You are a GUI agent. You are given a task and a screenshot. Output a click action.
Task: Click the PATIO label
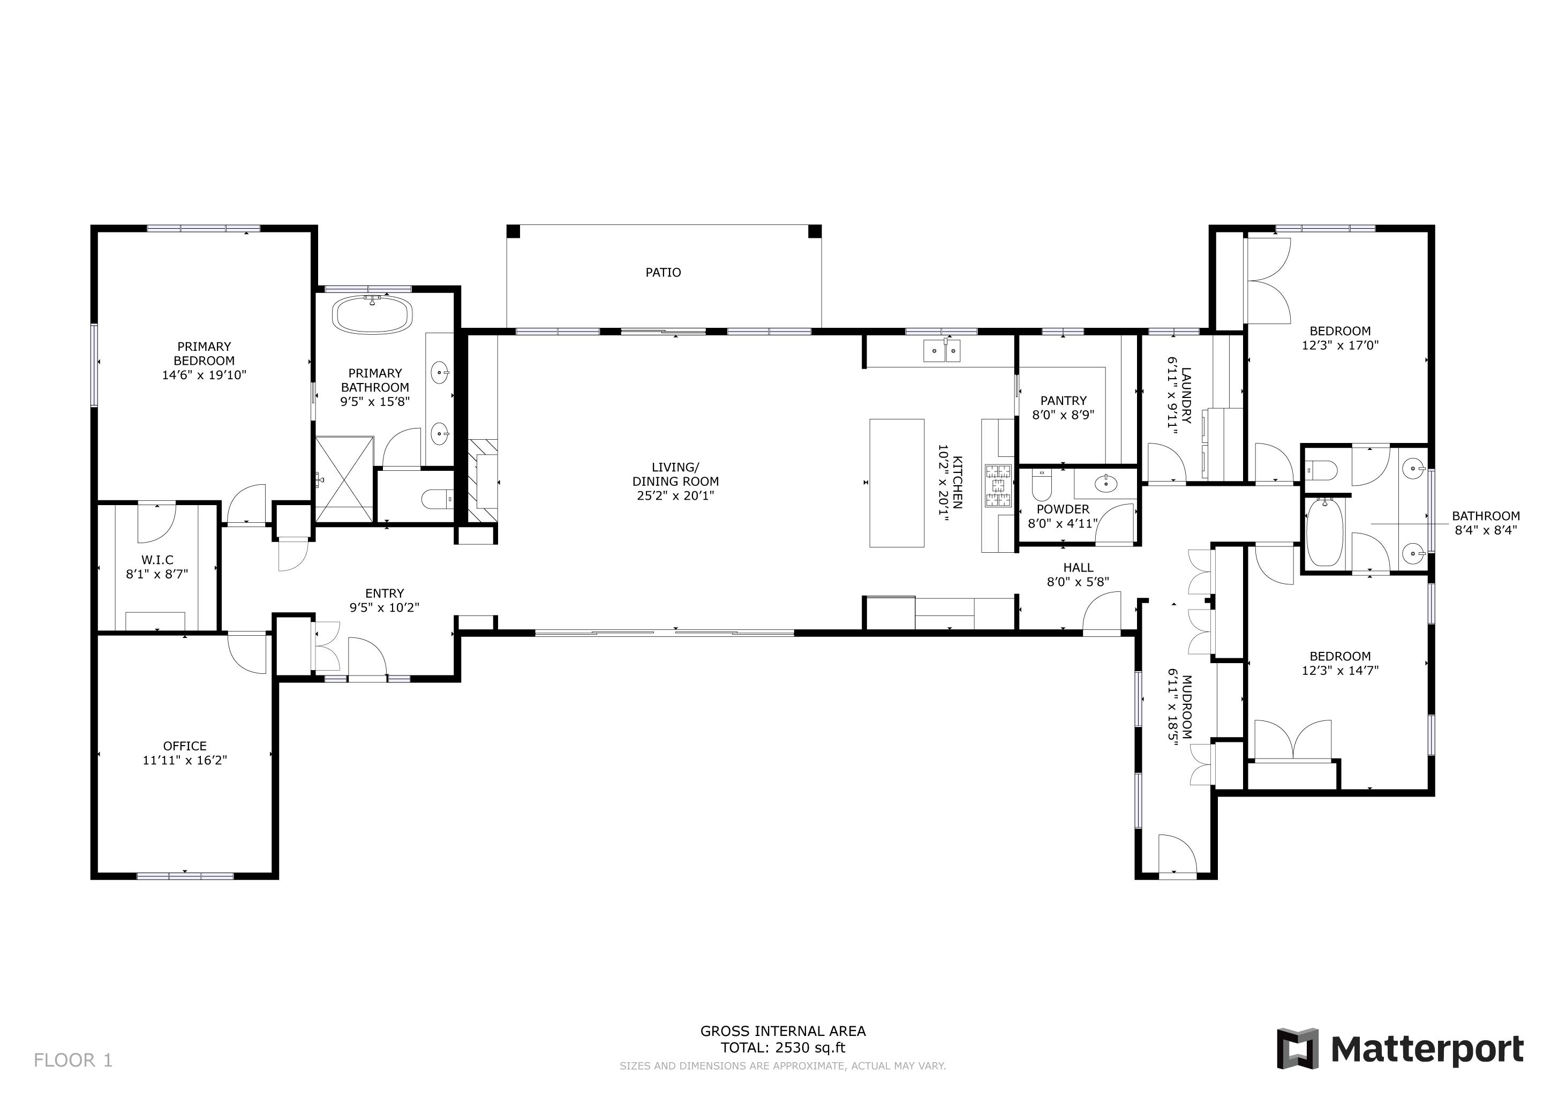[x=662, y=272]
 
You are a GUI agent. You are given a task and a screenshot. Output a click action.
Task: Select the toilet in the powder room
[x=1042, y=486]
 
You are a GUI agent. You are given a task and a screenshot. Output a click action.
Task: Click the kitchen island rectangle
[x=897, y=483]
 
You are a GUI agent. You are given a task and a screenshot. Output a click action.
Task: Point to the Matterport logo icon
[x=1297, y=1049]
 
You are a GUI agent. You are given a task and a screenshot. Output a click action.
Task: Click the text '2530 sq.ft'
[x=810, y=1048]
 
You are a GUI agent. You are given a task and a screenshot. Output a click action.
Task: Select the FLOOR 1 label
[x=73, y=1061]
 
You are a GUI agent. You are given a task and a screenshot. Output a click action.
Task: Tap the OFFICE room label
[x=184, y=746]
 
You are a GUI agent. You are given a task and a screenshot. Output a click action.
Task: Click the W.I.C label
[x=157, y=560]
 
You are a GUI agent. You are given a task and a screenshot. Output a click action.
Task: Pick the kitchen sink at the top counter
[x=942, y=351]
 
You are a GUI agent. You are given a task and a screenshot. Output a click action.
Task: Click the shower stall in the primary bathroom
[x=344, y=479]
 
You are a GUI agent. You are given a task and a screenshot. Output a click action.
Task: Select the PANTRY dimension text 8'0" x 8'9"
[x=1063, y=415]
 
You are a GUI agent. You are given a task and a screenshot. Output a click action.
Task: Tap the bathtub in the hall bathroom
[x=1324, y=532]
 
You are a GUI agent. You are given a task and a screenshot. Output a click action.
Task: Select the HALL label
[x=1078, y=567]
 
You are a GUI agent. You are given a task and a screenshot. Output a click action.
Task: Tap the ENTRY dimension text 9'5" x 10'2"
[x=385, y=607]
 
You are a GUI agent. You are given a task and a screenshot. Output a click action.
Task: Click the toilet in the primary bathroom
[x=438, y=500]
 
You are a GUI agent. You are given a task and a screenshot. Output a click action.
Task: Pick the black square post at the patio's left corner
[x=514, y=231]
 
